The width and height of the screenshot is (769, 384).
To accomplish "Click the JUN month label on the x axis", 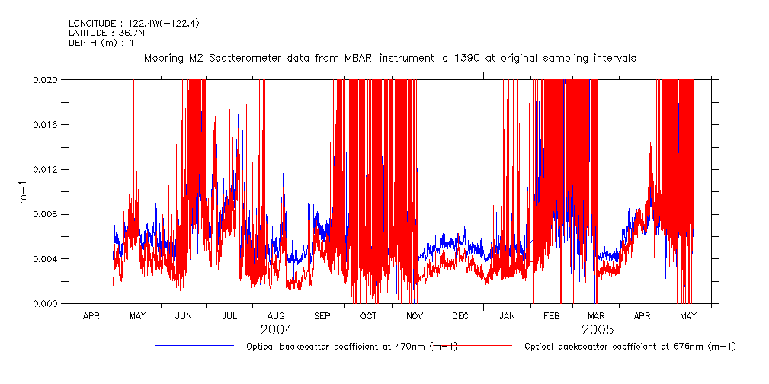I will [x=184, y=316].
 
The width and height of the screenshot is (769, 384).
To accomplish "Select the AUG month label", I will [x=276, y=316].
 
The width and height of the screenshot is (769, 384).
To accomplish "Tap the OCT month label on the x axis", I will [x=368, y=316].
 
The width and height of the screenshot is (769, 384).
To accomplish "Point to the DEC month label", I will [x=460, y=316].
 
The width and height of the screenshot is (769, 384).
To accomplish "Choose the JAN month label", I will [x=506, y=316].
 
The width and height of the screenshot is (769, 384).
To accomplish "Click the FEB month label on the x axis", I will [x=551, y=316].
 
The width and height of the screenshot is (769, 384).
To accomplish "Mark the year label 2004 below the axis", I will [x=276, y=330].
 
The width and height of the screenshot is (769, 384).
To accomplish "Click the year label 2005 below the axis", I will [x=598, y=330].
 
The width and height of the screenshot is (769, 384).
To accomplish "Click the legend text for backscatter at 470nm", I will [x=351, y=347].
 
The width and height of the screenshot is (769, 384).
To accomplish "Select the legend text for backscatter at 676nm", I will [x=630, y=347].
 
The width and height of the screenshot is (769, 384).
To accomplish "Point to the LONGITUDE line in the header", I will [x=133, y=23].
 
